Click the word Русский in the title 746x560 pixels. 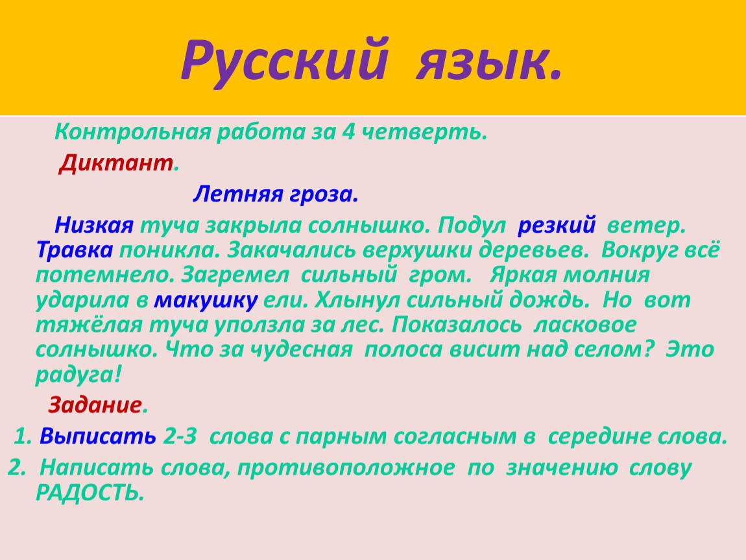(x=285, y=62)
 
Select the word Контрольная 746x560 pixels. (x=133, y=132)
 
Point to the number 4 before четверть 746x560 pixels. (x=348, y=132)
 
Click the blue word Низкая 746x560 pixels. (x=94, y=225)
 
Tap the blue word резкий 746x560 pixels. (x=557, y=226)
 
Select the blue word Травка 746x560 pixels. (x=75, y=250)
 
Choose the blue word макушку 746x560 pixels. (x=206, y=300)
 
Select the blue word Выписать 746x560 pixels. (x=98, y=436)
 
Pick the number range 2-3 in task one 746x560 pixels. (x=180, y=436)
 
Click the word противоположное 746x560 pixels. (x=346, y=468)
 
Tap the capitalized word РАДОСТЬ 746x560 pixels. (x=90, y=493)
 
